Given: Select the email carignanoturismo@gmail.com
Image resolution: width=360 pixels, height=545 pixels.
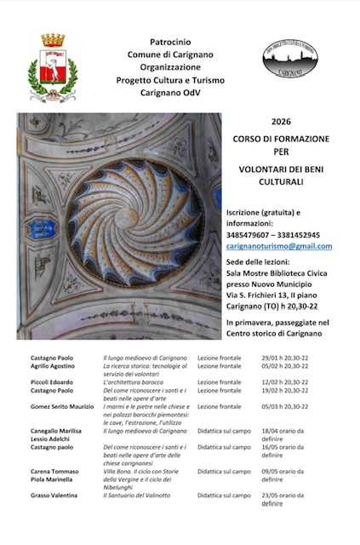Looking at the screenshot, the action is coord(279,246).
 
